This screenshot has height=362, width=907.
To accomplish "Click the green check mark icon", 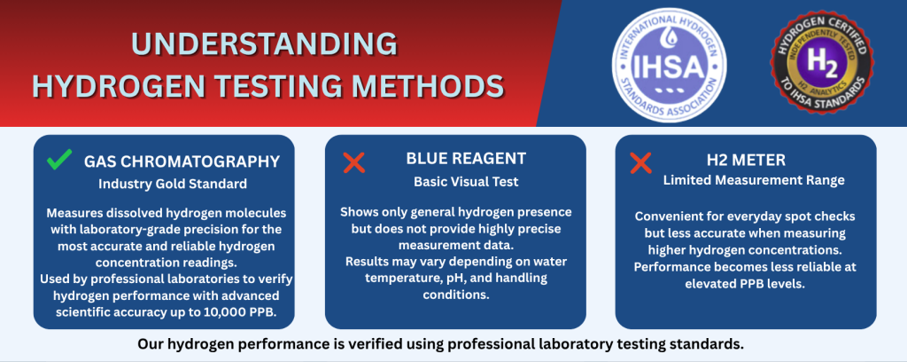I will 59,161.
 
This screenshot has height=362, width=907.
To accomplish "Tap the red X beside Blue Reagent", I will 353,162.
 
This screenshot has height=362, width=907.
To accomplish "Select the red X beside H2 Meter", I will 640,162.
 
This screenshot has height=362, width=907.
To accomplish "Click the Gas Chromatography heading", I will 182,161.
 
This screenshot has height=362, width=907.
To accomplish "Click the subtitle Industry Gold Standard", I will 173,185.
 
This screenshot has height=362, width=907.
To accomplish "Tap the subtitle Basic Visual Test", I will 457,181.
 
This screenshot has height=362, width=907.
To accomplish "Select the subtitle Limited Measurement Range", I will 754,180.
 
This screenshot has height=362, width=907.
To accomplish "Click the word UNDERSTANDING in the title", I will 266,43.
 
